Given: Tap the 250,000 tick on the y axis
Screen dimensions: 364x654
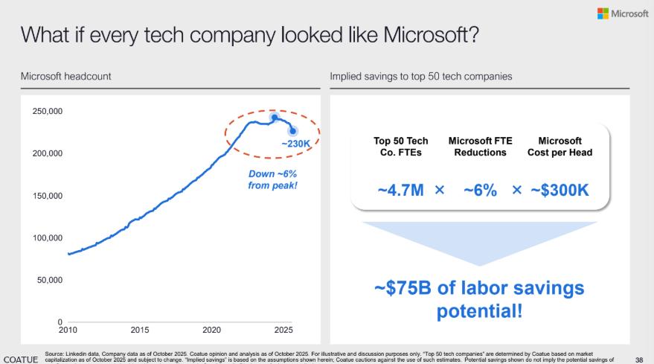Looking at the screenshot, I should (46, 111).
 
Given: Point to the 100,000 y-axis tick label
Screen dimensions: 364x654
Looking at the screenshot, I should (46, 238).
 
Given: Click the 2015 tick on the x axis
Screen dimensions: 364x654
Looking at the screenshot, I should (140, 329).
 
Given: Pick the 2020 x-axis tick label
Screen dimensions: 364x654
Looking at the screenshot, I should (212, 329).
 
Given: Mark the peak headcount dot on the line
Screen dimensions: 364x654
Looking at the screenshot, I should (274, 118).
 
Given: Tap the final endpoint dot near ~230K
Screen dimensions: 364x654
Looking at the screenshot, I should (293, 131).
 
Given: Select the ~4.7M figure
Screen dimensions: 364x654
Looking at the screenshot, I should (402, 191).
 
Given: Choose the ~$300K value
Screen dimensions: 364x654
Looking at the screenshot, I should (560, 191).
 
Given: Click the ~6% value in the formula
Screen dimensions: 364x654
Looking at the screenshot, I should (480, 191).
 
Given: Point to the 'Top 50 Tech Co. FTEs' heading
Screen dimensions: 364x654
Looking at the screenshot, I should (401, 147).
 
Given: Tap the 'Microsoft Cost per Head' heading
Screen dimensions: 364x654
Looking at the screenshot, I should (560, 147).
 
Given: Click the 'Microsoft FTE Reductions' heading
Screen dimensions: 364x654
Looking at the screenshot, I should (480, 147).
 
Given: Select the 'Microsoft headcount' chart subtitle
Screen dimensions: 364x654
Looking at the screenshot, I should (66, 77).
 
